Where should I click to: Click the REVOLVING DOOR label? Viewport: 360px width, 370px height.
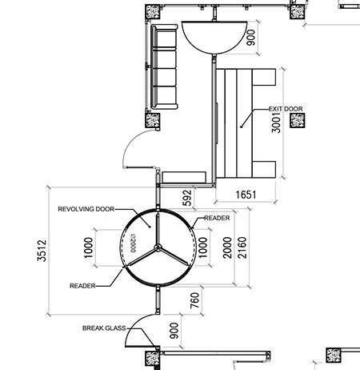coord(86,209)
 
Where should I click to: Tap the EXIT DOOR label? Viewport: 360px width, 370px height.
coord(286,109)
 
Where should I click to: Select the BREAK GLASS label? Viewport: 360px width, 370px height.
coord(104,328)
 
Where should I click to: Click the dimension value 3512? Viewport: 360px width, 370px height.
coord(42,251)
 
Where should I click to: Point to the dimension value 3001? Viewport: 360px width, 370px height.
coord(276,123)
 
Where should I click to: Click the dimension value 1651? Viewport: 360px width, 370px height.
coord(246,195)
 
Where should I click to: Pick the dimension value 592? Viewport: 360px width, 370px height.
coord(188,198)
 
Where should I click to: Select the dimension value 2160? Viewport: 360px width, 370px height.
coord(242,247)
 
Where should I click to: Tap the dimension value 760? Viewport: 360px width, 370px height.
coord(195,300)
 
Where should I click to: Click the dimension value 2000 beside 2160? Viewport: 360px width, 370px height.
coord(227,247)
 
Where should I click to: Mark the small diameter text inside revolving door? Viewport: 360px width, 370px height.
coord(134,243)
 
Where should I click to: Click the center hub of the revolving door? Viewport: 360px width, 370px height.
coord(158,247)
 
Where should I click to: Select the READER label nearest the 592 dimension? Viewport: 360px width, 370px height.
coord(217,218)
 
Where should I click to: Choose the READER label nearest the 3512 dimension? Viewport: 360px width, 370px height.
coord(82,286)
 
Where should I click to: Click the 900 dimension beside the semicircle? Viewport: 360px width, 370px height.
coord(251,38)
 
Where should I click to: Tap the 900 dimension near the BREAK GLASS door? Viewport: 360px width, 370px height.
coord(174,331)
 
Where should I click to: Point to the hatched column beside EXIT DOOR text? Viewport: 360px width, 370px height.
coord(298,120)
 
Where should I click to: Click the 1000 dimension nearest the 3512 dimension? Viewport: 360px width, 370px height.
coord(89,247)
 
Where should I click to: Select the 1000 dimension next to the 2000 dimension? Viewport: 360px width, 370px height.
coord(203,247)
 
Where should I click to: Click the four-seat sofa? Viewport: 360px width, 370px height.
coord(164,66)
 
